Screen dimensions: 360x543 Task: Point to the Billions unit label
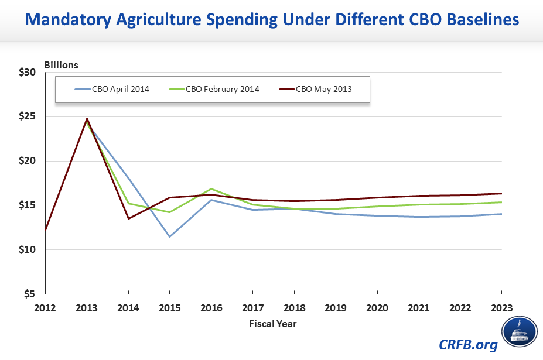pyautogui.click(x=61, y=65)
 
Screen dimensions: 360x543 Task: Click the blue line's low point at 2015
pyautogui.click(x=170, y=236)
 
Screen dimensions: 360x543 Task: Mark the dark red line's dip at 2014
pyautogui.click(x=128, y=218)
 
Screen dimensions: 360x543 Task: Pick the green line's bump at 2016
pyautogui.click(x=211, y=189)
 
